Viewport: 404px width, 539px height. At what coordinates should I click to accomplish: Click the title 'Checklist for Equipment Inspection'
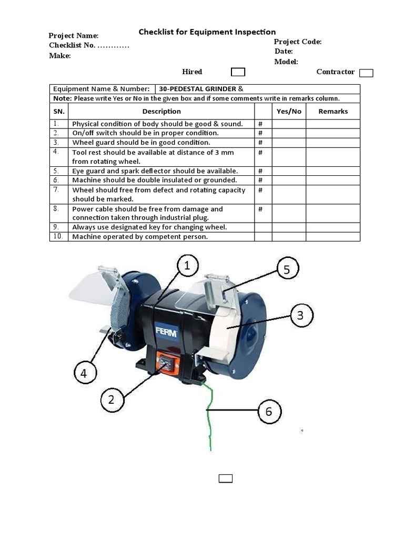[207, 32]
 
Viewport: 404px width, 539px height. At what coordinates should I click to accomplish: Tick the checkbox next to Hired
[238, 72]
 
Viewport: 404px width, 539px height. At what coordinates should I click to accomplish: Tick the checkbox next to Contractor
[366, 73]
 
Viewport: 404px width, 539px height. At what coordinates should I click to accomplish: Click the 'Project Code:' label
[297, 42]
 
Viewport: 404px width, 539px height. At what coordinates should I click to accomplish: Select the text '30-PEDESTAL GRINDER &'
[201, 89]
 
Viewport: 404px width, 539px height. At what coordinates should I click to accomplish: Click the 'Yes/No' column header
[289, 111]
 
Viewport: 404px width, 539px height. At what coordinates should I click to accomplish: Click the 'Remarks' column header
[333, 111]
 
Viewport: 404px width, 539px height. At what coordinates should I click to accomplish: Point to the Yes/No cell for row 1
[289, 124]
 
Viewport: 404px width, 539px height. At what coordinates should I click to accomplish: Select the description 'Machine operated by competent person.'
[140, 236]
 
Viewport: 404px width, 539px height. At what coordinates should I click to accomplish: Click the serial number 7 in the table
[56, 189]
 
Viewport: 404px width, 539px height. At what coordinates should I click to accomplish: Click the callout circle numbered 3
[300, 316]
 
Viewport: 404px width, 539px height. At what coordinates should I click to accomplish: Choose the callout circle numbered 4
[84, 374]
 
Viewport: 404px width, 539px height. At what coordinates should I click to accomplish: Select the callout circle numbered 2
[111, 400]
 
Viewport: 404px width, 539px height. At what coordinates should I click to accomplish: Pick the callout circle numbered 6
[269, 411]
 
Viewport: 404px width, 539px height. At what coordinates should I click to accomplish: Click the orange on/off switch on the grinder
[164, 363]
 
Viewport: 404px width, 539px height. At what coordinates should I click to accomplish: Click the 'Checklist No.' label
[73, 45]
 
